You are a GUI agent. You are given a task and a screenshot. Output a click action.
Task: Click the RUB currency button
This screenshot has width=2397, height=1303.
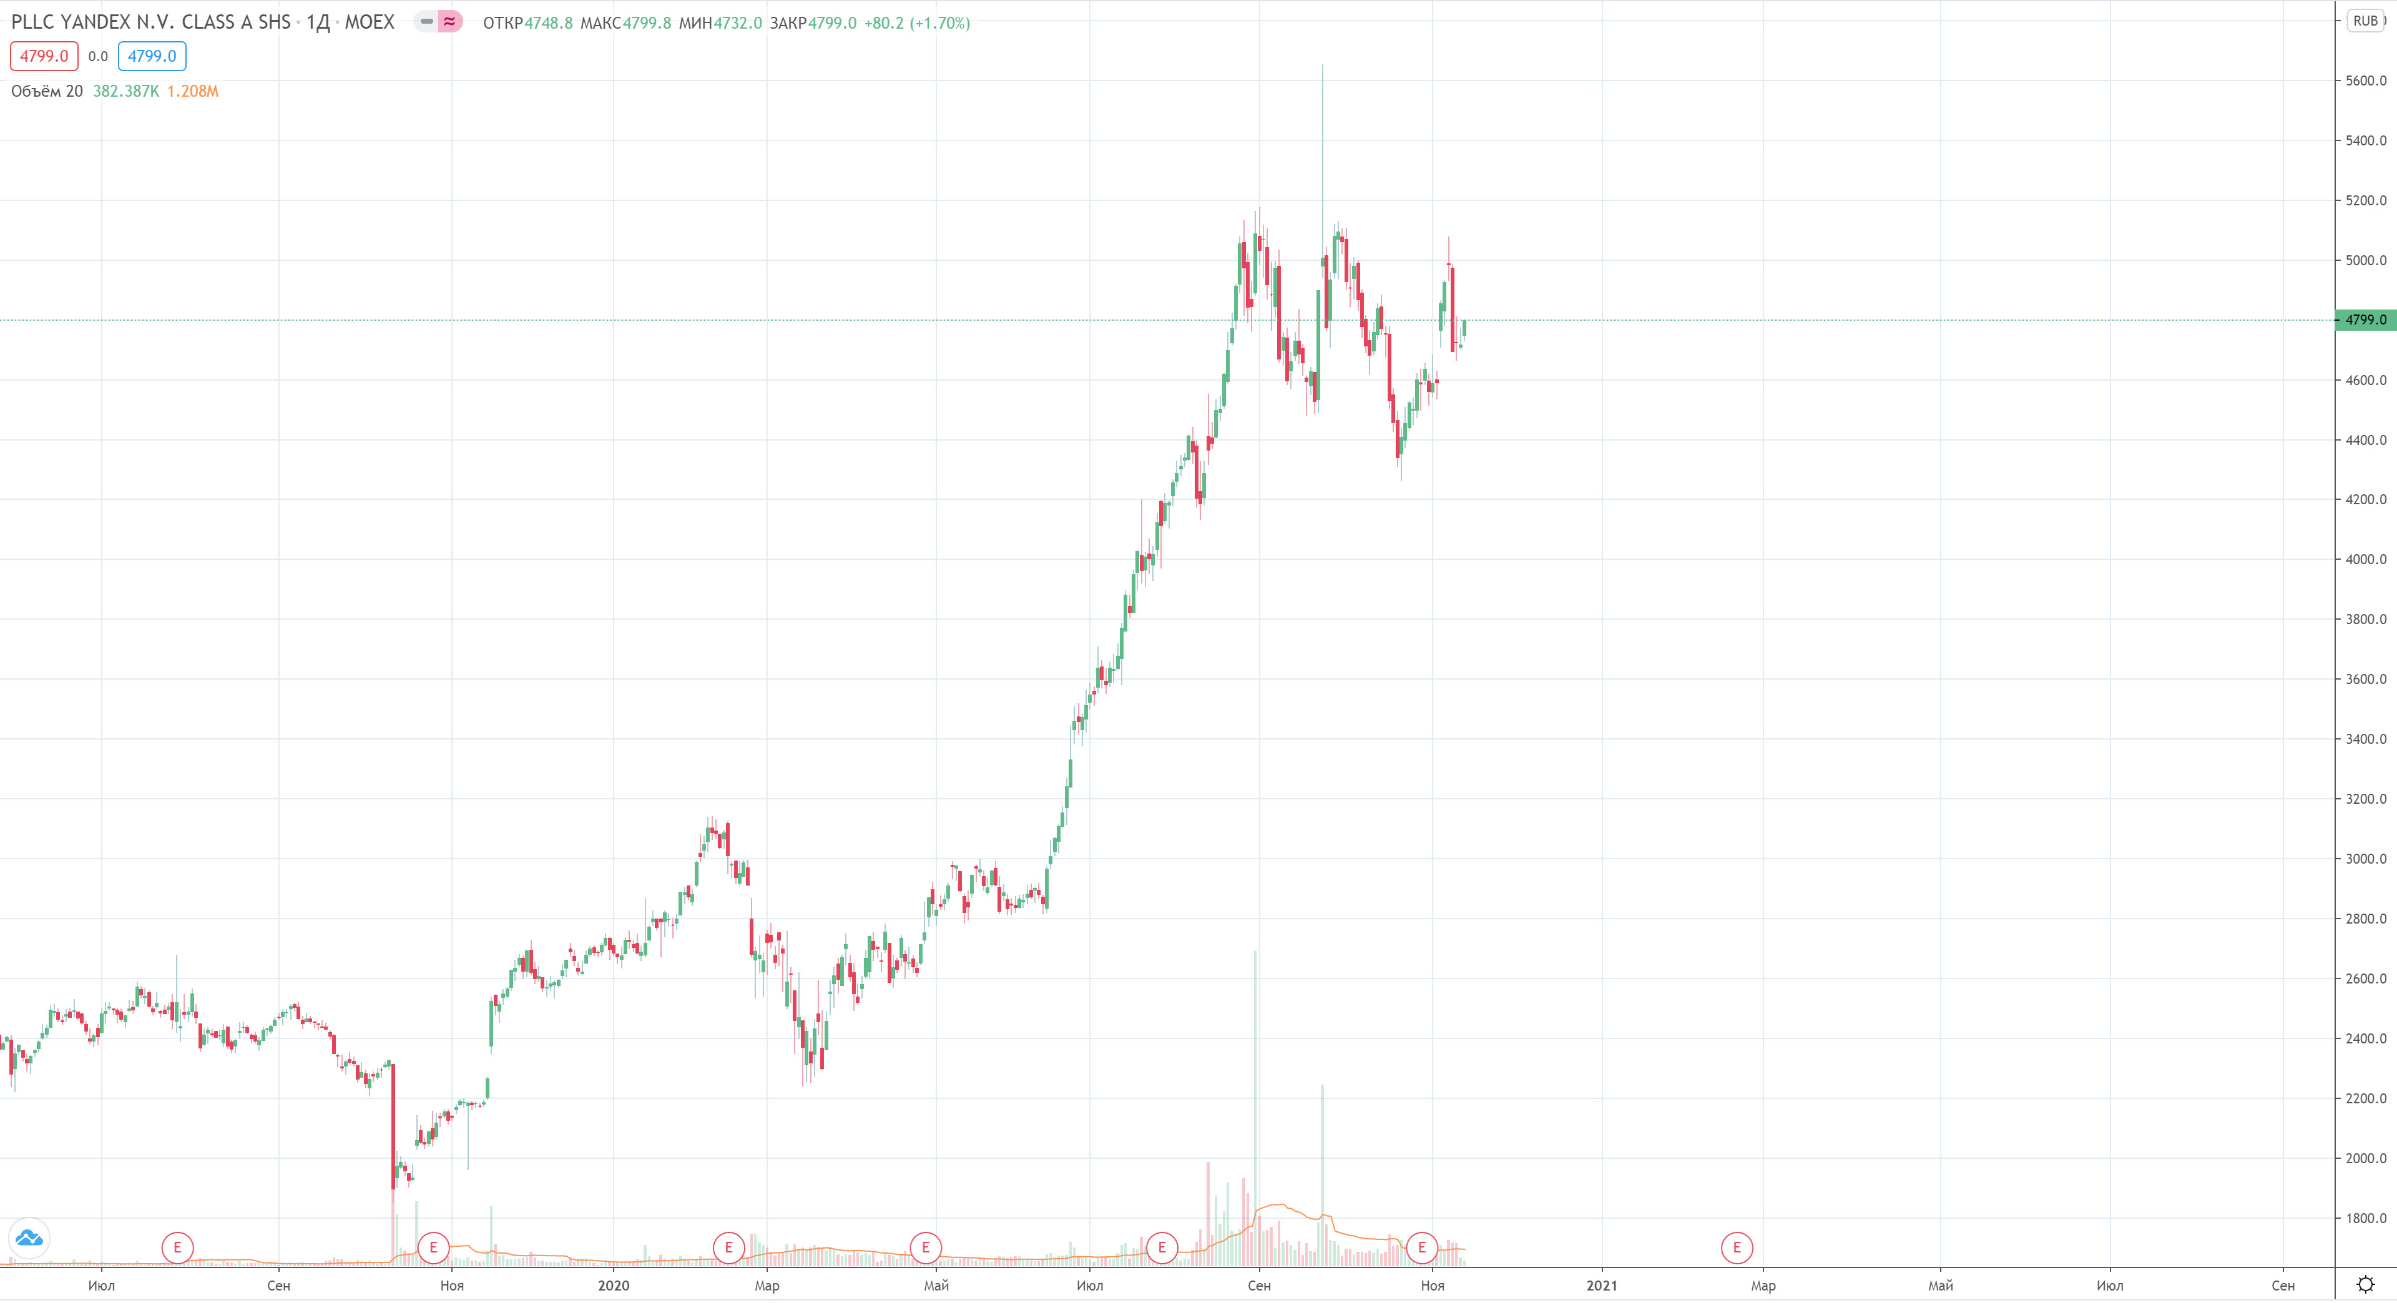tap(2365, 21)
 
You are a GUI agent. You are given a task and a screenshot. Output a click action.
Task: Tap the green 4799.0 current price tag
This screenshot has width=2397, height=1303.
tap(2365, 320)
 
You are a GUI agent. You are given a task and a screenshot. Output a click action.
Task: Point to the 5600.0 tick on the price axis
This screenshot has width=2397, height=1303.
tap(2365, 81)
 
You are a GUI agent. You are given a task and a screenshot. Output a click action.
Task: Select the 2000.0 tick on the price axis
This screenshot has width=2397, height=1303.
tap(2365, 1158)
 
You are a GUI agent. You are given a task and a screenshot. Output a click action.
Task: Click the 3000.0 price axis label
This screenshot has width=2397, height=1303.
tap(2365, 859)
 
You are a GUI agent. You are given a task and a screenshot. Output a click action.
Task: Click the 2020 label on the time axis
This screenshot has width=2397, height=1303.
tap(613, 1286)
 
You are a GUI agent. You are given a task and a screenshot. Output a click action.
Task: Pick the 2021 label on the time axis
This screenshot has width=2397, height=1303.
tap(1601, 1286)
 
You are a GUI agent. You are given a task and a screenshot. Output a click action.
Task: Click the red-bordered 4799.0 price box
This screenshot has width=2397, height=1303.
tap(44, 56)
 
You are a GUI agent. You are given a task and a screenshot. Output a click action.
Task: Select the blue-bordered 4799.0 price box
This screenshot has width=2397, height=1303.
tap(152, 56)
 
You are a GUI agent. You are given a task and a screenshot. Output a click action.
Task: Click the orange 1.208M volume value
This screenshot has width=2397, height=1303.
tap(193, 91)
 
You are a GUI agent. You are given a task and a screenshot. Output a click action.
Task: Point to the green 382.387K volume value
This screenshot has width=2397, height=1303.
tap(125, 91)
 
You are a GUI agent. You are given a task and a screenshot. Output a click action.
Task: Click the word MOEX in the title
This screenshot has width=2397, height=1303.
tap(370, 21)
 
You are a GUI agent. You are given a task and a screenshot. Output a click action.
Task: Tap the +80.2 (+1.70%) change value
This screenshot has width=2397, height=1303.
tap(916, 22)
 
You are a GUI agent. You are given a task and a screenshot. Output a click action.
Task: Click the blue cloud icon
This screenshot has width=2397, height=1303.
tap(29, 1238)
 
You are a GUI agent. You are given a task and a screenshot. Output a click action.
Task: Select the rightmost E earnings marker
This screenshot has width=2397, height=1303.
tap(1737, 1247)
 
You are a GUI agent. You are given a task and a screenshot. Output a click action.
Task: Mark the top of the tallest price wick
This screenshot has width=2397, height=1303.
tap(1322, 65)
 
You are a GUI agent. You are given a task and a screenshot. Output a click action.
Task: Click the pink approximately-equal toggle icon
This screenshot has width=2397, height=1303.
tap(450, 21)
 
